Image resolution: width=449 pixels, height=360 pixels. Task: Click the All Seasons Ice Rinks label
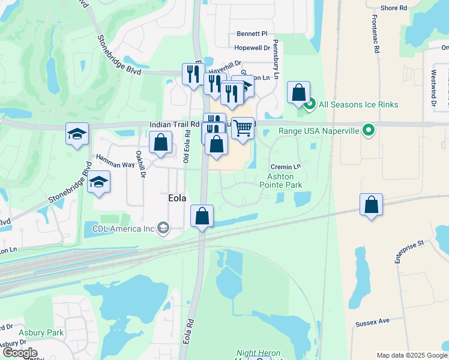click(x=358, y=104)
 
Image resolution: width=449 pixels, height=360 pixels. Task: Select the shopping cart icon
click(x=243, y=128)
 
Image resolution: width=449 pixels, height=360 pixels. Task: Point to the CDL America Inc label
click(x=124, y=228)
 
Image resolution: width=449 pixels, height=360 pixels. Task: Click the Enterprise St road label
click(x=409, y=251)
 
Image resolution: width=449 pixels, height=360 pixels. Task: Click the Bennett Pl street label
click(x=252, y=34)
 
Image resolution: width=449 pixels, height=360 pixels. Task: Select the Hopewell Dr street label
click(x=252, y=47)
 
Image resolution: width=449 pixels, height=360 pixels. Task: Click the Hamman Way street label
click(x=115, y=160)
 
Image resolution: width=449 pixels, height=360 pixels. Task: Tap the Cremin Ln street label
click(x=285, y=166)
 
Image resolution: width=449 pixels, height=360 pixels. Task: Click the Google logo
click(x=19, y=353)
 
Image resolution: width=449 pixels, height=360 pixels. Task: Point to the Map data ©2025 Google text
click(x=411, y=355)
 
